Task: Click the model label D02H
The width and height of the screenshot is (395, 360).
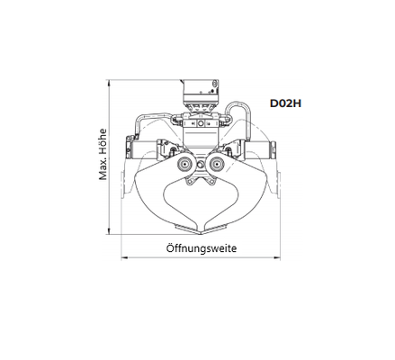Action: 285,103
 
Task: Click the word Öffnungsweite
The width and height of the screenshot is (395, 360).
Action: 202,248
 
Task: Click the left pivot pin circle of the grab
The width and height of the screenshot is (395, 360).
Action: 184,164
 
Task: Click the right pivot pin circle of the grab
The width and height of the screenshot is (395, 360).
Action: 217,164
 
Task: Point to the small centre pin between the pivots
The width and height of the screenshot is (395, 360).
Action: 201,164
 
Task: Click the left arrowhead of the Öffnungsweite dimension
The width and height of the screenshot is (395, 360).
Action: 124,257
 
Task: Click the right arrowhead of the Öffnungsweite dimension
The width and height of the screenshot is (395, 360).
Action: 277,257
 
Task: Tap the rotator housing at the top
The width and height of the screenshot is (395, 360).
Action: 201,91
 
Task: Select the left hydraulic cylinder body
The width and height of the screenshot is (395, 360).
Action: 144,149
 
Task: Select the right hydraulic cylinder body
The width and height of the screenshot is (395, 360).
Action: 256,149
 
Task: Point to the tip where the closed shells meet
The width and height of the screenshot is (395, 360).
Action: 201,234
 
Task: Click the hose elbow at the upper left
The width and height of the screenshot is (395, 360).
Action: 139,120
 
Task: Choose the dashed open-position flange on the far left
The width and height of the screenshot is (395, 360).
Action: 122,184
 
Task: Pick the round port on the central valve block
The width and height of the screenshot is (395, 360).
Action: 200,123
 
